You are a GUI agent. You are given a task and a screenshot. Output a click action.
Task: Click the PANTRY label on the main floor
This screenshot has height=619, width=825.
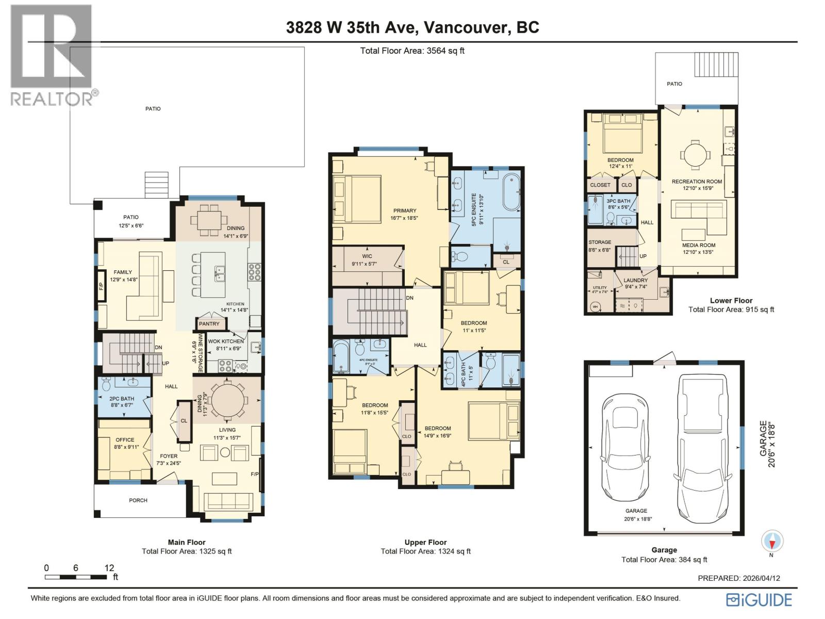[x=209, y=324]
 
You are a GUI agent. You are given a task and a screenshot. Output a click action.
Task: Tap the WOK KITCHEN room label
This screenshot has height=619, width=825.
[x=226, y=341]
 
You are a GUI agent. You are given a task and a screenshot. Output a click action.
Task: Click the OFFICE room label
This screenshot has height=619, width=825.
[x=125, y=440]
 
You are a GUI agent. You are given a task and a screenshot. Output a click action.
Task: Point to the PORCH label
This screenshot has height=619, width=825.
[x=138, y=500]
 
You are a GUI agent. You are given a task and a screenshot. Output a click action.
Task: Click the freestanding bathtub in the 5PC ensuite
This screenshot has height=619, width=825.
[x=511, y=192]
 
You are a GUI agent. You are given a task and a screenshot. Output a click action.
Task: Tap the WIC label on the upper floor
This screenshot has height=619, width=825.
[x=367, y=256]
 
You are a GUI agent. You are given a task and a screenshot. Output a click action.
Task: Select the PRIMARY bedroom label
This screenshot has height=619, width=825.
[x=405, y=210]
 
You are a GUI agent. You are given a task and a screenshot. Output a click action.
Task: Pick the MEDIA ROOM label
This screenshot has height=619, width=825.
[x=699, y=246]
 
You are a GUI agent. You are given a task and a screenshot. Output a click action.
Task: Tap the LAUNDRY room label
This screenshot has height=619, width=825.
[x=635, y=281]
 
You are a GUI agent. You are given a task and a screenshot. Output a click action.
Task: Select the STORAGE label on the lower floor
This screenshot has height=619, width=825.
[x=600, y=242]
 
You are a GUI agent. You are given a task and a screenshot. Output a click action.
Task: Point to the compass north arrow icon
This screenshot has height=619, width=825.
[x=772, y=542]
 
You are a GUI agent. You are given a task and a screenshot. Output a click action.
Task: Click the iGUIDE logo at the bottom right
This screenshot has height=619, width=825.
[x=759, y=600]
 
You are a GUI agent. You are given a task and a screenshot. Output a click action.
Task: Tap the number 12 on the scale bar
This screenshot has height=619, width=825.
[x=109, y=568]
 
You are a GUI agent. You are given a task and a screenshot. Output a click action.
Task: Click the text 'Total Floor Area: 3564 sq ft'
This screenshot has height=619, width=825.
[x=412, y=51]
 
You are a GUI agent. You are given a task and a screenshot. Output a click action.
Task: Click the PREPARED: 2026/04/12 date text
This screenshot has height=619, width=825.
[x=738, y=578]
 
